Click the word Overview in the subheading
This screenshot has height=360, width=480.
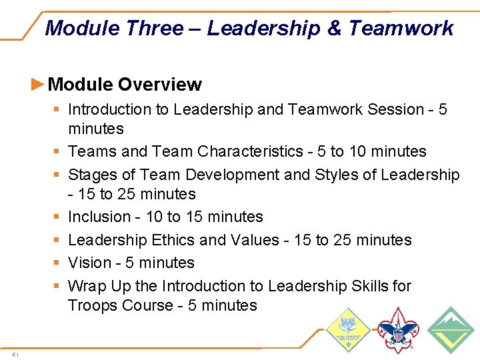pyautogui.click(x=159, y=85)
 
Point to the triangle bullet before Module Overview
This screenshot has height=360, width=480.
pyautogui.click(x=39, y=84)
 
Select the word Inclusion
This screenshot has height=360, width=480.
pyautogui.click(x=99, y=217)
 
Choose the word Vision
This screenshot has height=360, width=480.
pyautogui.click(x=90, y=263)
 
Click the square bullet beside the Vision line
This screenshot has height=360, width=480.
pyautogui.click(x=57, y=263)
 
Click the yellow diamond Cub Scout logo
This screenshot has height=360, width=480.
pyautogui.click(x=347, y=330)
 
